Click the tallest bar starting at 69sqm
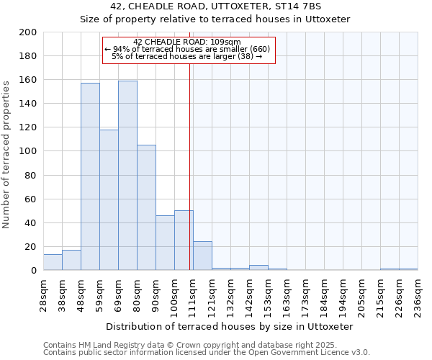point(127,176)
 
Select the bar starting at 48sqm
point(90,176)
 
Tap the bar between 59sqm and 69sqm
point(109,200)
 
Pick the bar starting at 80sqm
point(146,207)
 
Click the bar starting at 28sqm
point(53,262)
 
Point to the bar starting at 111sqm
point(202,256)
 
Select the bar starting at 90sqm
point(165,243)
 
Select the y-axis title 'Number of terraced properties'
point(6,154)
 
